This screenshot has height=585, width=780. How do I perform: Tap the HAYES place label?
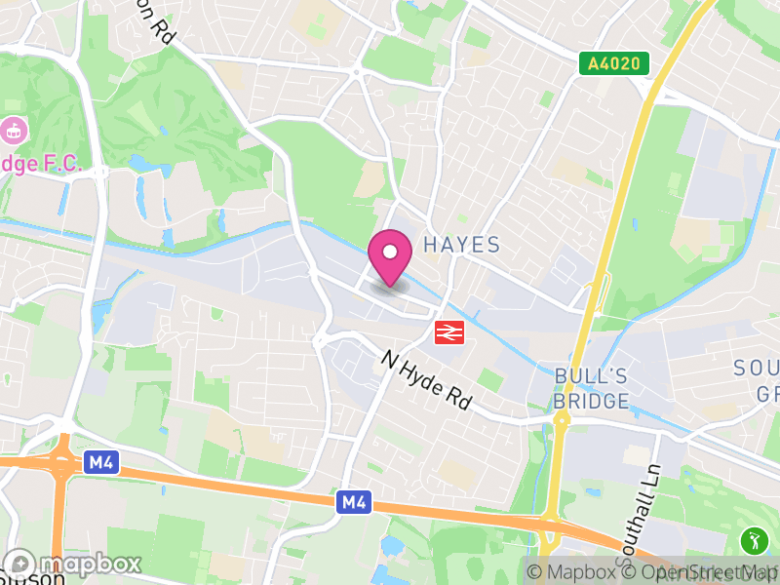[x=462, y=245]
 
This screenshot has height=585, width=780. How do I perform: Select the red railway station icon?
[x=448, y=332]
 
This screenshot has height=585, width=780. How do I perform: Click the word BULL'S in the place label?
[x=590, y=376]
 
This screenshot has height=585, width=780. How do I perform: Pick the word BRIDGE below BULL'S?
[x=590, y=401]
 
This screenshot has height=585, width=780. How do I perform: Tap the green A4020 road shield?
[x=614, y=64]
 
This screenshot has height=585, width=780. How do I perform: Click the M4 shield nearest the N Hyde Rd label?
[x=354, y=503]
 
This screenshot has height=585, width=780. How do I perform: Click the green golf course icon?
[x=754, y=539]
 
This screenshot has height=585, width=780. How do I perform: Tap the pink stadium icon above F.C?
[x=13, y=128]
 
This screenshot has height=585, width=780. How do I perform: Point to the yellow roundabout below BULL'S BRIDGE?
[x=562, y=419]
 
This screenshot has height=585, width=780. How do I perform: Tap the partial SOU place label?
[x=757, y=369]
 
